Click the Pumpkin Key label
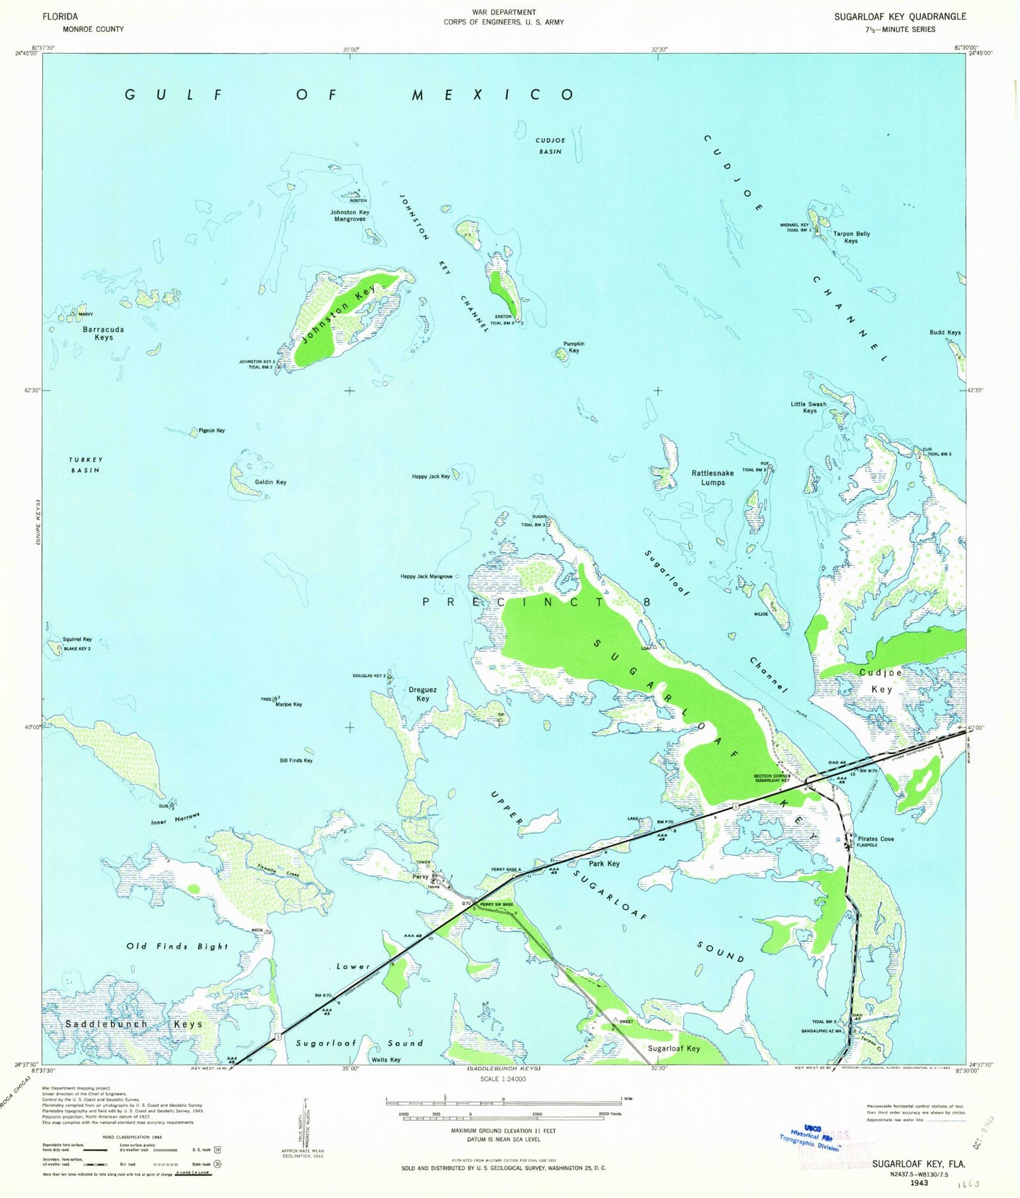(x=573, y=347)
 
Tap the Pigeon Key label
(x=211, y=430)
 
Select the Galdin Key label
(x=271, y=482)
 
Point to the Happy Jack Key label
(x=430, y=477)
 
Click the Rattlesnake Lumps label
(x=713, y=477)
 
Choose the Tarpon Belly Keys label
(x=851, y=237)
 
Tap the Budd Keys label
(x=945, y=332)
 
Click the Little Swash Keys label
(x=809, y=407)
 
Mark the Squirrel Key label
(x=77, y=639)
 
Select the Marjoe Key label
(x=288, y=704)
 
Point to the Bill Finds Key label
(x=296, y=760)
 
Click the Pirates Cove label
(x=876, y=838)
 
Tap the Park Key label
(x=604, y=863)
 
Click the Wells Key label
(x=386, y=1059)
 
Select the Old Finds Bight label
(x=177, y=946)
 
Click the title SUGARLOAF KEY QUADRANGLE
(x=900, y=16)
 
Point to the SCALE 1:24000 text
(x=503, y=1079)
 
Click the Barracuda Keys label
(x=103, y=333)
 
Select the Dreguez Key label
(x=422, y=694)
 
